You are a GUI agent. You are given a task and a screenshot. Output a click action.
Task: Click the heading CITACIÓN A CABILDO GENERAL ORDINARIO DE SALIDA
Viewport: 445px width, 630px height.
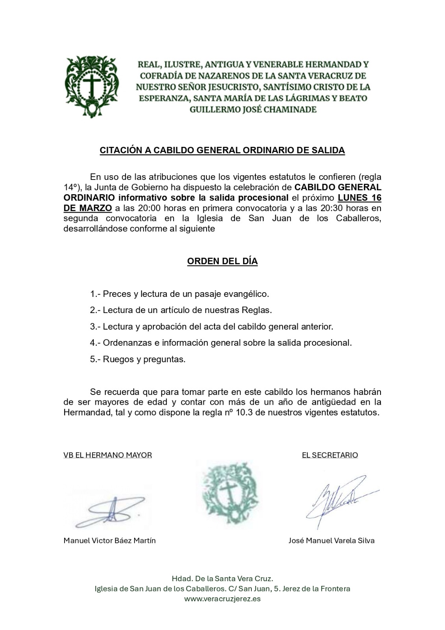click(x=222, y=150)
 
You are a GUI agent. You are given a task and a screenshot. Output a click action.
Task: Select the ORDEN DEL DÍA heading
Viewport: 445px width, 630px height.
click(x=222, y=261)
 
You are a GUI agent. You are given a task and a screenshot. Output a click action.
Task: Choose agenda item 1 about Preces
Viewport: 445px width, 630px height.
click(x=179, y=294)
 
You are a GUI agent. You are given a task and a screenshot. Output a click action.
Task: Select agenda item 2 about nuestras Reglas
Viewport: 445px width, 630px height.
click(x=181, y=310)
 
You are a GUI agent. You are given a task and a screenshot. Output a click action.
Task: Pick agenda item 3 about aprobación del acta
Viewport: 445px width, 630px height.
click(x=211, y=327)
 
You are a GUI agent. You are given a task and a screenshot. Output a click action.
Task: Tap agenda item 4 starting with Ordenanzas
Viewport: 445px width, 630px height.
click(x=221, y=343)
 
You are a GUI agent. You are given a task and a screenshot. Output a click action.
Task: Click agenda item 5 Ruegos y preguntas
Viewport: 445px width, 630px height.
click(x=138, y=359)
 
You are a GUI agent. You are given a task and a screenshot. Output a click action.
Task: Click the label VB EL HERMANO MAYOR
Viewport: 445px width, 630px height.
click(x=108, y=455)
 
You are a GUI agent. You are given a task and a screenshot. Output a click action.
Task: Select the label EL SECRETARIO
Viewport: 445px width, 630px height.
click(x=330, y=455)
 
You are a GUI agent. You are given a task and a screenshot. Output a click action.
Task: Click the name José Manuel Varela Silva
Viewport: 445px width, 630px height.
click(x=331, y=541)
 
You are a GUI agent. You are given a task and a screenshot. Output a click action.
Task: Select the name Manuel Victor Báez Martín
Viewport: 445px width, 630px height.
click(x=109, y=541)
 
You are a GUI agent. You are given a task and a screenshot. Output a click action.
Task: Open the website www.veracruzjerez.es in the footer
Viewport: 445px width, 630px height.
click(x=222, y=599)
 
